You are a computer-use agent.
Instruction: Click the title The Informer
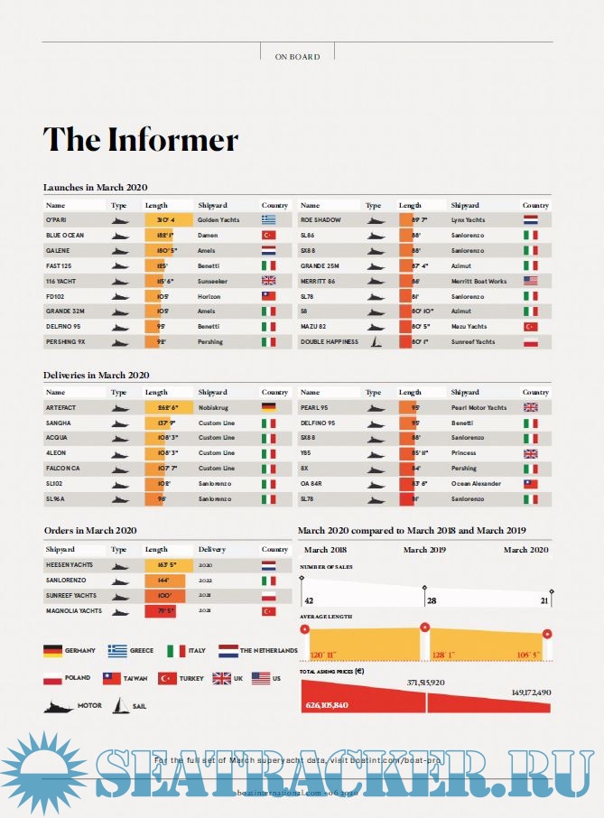141,140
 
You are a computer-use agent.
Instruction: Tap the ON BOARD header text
297,57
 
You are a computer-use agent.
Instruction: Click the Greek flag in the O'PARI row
268,219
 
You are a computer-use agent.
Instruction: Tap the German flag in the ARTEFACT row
268,407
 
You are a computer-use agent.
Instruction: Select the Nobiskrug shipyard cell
213,407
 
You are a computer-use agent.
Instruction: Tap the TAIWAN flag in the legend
112,678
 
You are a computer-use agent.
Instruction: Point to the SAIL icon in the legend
119,705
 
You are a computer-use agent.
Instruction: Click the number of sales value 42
309,600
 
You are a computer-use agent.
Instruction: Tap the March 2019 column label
424,550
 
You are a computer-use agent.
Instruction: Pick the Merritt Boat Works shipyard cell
479,281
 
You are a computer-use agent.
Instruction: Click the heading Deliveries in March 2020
97,375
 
